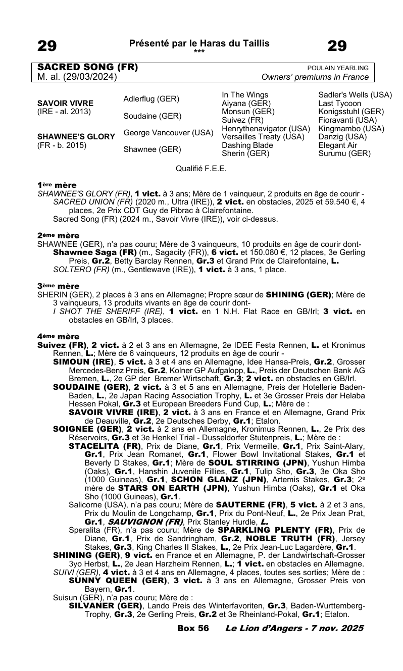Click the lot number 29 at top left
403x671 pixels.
[x=47, y=46]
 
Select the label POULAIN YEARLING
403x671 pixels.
[x=338, y=68]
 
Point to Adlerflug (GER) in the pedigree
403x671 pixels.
[x=152, y=98]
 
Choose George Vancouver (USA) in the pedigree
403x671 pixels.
[x=169, y=133]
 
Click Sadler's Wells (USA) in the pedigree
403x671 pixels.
[x=355, y=94]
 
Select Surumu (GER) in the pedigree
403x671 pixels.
[x=344, y=153]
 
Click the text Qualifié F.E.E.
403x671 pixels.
[x=201, y=168]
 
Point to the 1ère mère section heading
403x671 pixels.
[x=57, y=185]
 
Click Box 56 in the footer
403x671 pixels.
[x=193, y=628]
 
